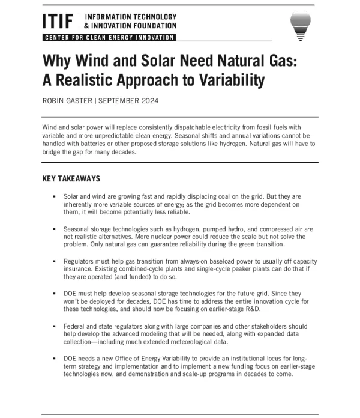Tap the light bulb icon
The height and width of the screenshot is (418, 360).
[301, 23]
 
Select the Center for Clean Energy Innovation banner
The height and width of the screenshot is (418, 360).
[109, 38]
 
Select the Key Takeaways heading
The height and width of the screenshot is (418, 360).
[71, 178]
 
